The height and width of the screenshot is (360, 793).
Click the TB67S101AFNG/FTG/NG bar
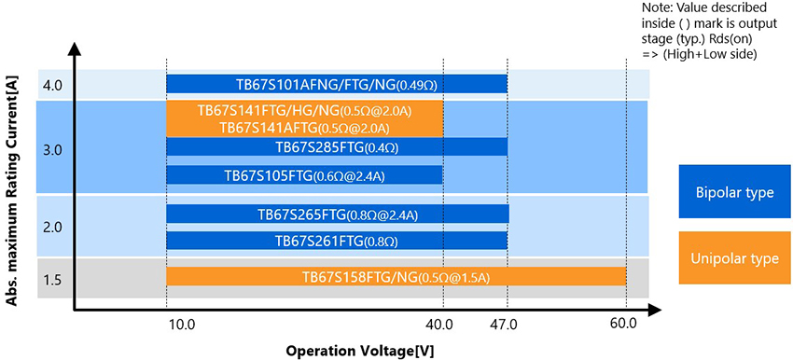coord(336,84)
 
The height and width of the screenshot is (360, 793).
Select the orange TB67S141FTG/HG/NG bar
coord(304,118)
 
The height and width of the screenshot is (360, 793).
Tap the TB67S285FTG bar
coord(336,147)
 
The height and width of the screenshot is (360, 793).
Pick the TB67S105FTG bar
coord(304,175)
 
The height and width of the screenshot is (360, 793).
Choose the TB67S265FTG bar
coord(337,215)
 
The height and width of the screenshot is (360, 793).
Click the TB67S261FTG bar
coord(336,242)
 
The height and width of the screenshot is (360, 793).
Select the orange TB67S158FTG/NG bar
coord(396,277)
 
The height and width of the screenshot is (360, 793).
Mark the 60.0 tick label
coord(623,325)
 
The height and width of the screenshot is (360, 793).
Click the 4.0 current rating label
coord(52,85)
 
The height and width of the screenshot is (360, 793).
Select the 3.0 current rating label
coord(52,149)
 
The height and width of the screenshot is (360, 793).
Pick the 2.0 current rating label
coord(52,227)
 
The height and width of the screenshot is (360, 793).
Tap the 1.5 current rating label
coord(52,279)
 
